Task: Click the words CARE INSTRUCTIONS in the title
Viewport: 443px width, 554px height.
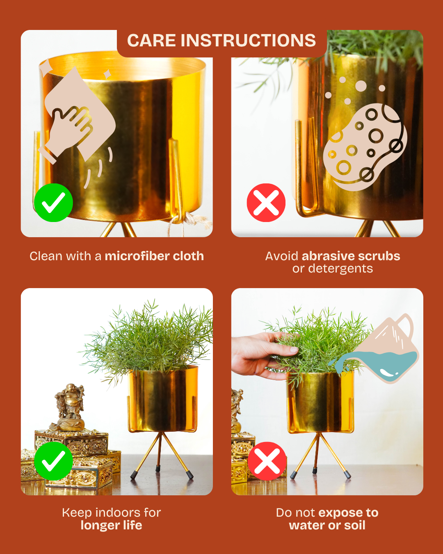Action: (221, 40)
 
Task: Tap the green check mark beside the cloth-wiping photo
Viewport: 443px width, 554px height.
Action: (54, 203)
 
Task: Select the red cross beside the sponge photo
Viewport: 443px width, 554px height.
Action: (266, 203)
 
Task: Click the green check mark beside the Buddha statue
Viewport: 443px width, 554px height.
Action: (54, 461)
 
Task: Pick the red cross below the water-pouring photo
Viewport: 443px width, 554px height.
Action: (267, 461)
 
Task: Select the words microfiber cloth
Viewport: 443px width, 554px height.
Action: (155, 256)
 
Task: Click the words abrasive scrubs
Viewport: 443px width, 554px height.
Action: (351, 256)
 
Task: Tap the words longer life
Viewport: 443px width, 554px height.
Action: (111, 525)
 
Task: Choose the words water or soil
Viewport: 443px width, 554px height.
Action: (327, 525)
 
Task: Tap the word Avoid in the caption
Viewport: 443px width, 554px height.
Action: (282, 256)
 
